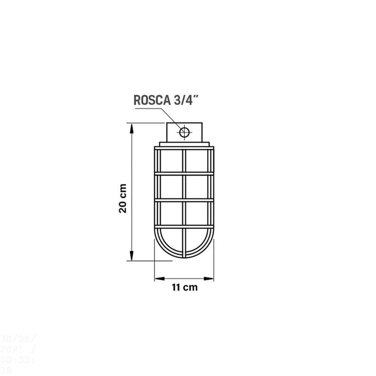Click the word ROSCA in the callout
150,100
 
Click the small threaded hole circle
185,132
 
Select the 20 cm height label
123,199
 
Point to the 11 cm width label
184,288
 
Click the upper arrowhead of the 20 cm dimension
132,128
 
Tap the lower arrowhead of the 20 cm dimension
132,255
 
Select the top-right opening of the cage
197,161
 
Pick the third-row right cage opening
197,214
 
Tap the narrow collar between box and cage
184,144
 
